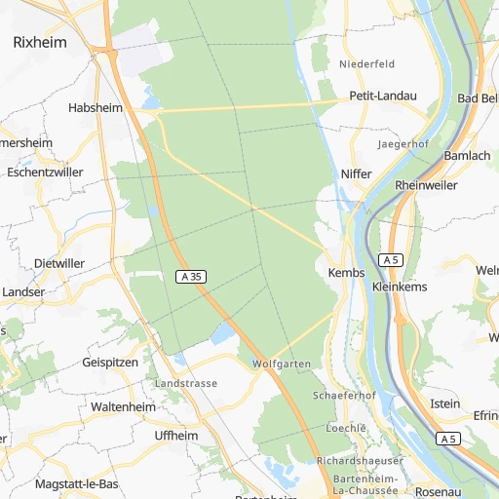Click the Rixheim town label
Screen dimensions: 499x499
[x=39, y=42]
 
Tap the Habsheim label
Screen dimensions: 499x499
[x=96, y=108]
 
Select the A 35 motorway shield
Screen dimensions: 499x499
[x=191, y=277]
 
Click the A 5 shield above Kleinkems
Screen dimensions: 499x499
[x=392, y=259]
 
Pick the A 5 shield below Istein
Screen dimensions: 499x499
[x=448, y=439]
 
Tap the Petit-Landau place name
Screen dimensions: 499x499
[x=382, y=96]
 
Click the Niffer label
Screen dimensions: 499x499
[x=358, y=173]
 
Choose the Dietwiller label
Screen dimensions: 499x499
[x=58, y=263]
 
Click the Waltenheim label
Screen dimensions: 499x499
[x=124, y=405]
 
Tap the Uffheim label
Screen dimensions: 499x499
[x=176, y=436]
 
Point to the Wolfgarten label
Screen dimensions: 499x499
[x=281, y=364]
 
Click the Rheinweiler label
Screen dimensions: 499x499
[x=426, y=185]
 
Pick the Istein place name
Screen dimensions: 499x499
[x=444, y=403]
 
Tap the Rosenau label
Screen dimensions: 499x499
[x=437, y=492]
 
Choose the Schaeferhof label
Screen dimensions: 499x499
[x=344, y=397]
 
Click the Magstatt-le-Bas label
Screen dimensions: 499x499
[x=76, y=484]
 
